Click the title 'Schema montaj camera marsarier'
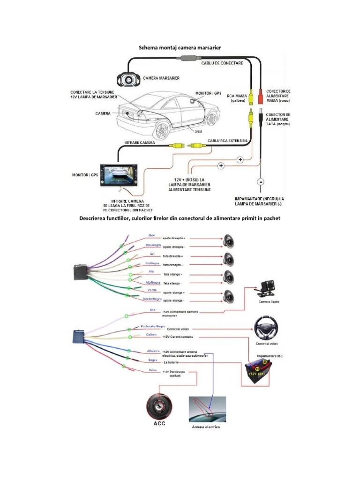(179, 48)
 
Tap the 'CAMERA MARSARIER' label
(161, 78)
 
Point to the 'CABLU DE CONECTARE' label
(222, 63)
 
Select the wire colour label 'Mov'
(151, 235)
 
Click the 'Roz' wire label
(152, 310)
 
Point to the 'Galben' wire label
(151, 335)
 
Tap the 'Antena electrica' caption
(205, 427)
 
